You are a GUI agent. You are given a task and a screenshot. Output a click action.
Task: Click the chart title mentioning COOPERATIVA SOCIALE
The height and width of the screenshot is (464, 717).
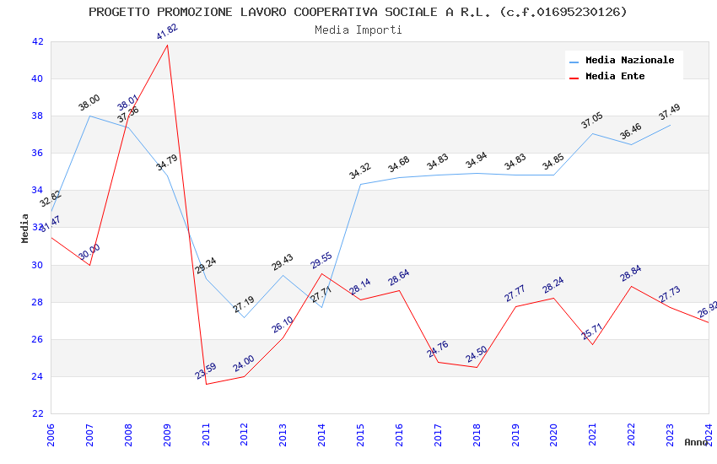(x=358, y=12)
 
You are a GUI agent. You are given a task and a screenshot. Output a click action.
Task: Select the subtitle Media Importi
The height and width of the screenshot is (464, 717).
(x=358, y=30)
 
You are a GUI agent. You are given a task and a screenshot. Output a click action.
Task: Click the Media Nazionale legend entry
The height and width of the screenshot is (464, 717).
(x=629, y=61)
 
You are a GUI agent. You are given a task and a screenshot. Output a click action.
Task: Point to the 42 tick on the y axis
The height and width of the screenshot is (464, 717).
(x=37, y=41)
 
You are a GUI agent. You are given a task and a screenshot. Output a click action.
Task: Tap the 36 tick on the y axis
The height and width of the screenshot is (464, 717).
(x=37, y=154)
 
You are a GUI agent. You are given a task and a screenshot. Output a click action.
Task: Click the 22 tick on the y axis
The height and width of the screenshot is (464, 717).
(x=37, y=413)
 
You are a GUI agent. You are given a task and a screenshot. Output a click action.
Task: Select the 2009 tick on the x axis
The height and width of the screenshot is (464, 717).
(x=168, y=433)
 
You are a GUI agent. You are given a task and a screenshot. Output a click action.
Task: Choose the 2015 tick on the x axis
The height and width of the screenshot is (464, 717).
(x=361, y=433)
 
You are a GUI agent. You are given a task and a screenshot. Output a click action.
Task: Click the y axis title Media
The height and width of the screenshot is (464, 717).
(x=25, y=228)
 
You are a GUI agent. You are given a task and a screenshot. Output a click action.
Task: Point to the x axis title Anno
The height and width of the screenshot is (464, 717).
(x=696, y=442)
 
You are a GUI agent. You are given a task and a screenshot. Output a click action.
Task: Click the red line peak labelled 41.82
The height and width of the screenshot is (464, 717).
(x=167, y=45)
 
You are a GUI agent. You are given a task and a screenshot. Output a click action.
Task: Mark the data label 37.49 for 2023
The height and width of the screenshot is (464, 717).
(x=669, y=112)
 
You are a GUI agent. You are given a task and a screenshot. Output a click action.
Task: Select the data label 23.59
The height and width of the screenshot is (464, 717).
(x=206, y=370)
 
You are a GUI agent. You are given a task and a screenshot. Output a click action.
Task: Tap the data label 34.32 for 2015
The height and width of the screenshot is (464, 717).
(x=360, y=171)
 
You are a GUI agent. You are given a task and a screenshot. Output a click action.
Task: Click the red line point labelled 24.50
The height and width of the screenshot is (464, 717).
(x=477, y=367)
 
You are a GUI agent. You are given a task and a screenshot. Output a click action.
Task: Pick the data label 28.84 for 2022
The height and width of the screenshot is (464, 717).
(x=631, y=272)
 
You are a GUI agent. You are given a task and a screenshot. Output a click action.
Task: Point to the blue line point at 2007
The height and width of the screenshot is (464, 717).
(x=90, y=116)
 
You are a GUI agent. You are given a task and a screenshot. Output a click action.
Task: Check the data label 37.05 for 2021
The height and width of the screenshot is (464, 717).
(x=592, y=121)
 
